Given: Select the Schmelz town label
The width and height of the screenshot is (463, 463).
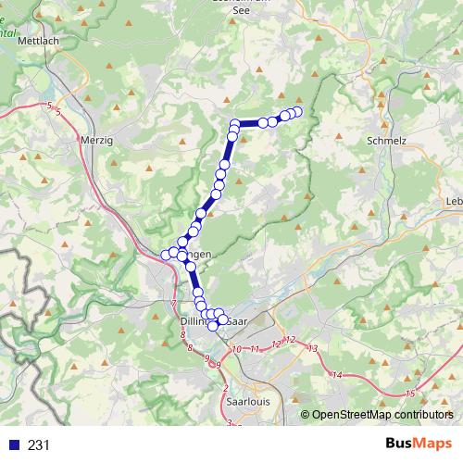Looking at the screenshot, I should pyautogui.click(x=386, y=140).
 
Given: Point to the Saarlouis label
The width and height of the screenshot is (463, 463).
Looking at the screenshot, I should pyautogui.click(x=247, y=403).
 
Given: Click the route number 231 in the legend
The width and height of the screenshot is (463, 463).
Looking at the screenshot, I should pyautogui.click(x=39, y=444).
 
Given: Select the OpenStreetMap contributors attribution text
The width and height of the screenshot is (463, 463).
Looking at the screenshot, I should pyautogui.click(x=382, y=415).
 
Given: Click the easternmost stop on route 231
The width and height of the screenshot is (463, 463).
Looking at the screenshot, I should pyautogui.click(x=297, y=112).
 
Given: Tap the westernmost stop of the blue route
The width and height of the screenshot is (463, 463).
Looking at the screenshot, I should pyautogui.click(x=167, y=255).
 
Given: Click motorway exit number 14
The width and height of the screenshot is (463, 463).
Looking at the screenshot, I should pyautogui.click(x=337, y=375).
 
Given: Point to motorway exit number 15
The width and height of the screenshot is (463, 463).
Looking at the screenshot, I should pyautogui.click(x=409, y=394).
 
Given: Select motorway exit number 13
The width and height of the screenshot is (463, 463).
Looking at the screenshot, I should pyautogui.click(x=312, y=348).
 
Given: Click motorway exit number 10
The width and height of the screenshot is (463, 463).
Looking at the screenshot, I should pyautogui.click(x=237, y=349).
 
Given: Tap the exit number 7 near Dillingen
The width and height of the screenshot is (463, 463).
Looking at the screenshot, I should pyautogui.click(x=173, y=304).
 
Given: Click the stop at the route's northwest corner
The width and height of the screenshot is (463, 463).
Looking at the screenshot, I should pyautogui.click(x=235, y=124).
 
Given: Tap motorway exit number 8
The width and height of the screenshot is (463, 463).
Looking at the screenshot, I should pyautogui.click(x=189, y=347).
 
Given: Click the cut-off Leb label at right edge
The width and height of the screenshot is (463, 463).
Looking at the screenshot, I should pyautogui.click(x=454, y=201).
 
